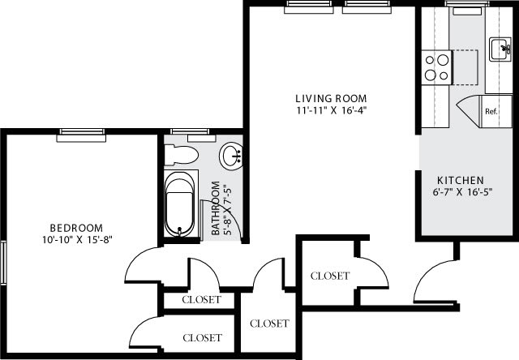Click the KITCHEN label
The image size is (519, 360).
coord(461,179)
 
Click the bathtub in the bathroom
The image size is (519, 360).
coord(181,203)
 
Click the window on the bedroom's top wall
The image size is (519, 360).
coord(83,135)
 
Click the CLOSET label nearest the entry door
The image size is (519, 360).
coord(330,276)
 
